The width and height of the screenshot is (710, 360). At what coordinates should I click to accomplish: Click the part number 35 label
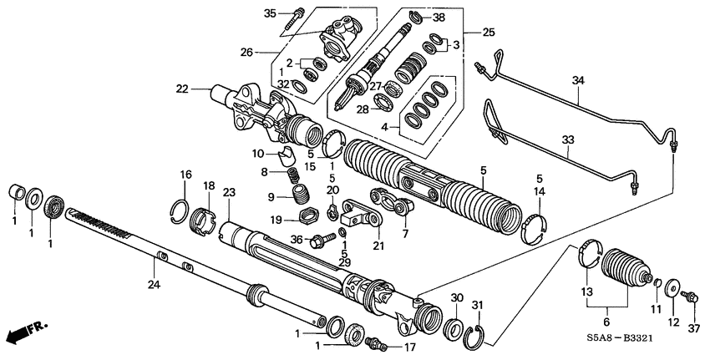pos(269,13)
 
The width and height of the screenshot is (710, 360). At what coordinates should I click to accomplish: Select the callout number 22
pos(181,88)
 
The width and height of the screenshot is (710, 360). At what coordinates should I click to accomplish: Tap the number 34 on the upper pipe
pos(577,80)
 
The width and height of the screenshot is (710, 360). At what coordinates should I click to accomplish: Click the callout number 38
pos(439,16)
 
